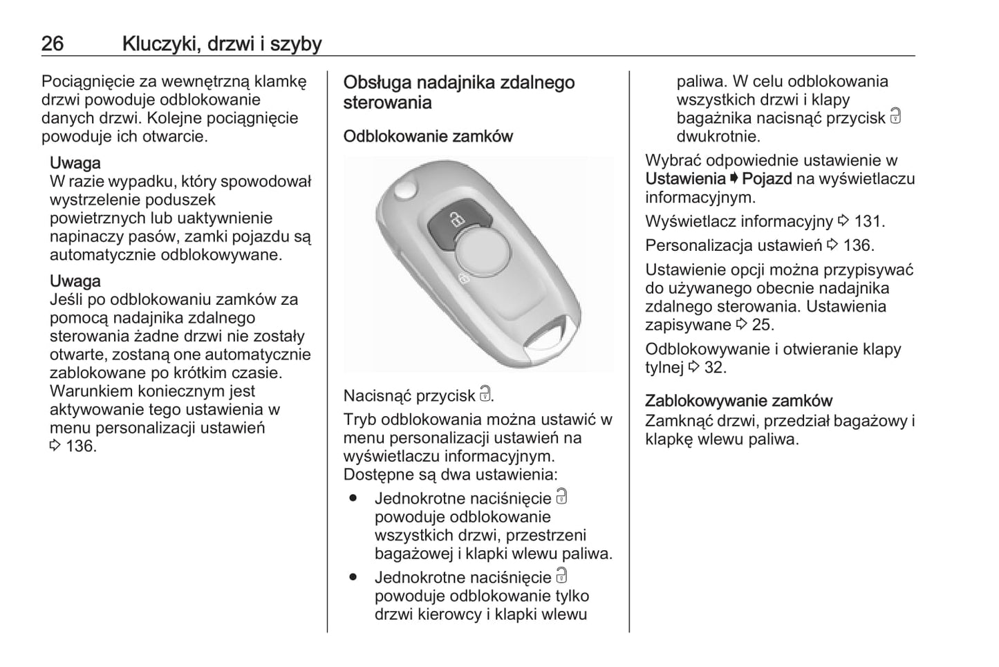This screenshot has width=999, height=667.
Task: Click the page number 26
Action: click(53, 44)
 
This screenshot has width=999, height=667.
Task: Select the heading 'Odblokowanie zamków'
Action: click(428, 136)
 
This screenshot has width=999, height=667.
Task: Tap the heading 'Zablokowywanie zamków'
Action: click(738, 401)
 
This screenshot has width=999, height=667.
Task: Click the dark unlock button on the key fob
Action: click(458, 221)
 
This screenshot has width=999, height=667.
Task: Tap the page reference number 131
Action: click(868, 222)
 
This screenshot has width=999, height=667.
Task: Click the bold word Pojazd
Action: click(767, 179)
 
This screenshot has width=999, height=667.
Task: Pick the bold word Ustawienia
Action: click(685, 179)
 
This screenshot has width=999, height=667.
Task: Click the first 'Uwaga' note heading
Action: click(75, 163)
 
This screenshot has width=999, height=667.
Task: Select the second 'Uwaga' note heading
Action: click(75, 281)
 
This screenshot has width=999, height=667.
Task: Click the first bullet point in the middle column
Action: click(353, 498)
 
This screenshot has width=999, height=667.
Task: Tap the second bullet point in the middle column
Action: click(353, 577)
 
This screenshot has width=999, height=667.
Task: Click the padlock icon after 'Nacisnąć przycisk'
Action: click(485, 395)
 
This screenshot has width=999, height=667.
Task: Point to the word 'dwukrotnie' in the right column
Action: click(718, 136)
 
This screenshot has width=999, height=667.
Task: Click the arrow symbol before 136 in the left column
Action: click(55, 447)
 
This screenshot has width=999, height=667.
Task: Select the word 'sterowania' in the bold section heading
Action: click(387, 103)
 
